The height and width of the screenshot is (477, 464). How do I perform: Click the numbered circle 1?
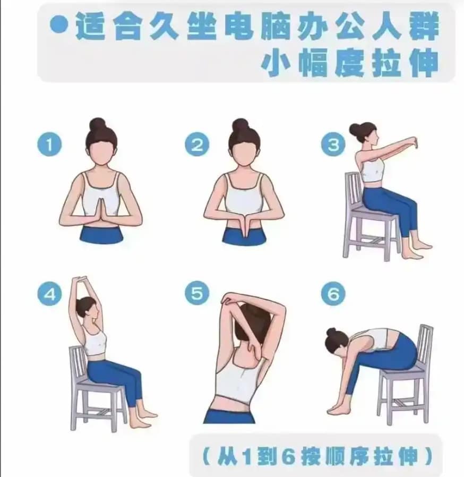(x=49, y=144)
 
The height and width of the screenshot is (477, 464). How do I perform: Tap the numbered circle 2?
(x=197, y=144)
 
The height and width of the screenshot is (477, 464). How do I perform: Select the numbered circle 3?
(x=333, y=144)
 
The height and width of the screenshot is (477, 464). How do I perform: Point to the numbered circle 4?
(x=49, y=294)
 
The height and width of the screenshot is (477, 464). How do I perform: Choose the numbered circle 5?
(x=197, y=293)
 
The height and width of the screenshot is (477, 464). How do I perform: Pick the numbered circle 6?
(x=333, y=294)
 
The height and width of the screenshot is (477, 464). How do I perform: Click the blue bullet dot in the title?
(x=59, y=24)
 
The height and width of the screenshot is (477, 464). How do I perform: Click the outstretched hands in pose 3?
(x=413, y=143)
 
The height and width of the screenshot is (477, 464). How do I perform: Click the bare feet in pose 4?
(x=143, y=418)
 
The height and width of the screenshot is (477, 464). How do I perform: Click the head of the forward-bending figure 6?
(x=336, y=342)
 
